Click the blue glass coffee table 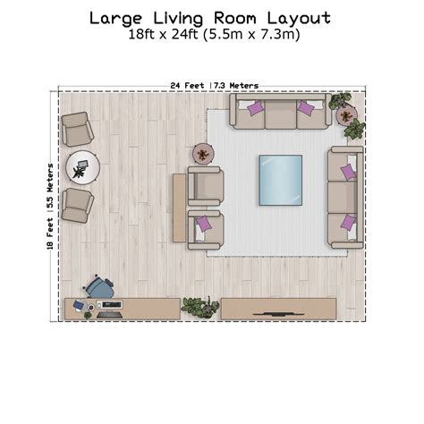(281, 180)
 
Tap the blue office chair (99, 287)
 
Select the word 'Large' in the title (116, 19)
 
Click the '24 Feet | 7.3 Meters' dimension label (215, 86)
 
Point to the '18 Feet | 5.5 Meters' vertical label (50, 207)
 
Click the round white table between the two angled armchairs (82, 167)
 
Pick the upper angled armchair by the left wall (77, 129)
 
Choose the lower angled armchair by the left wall (77, 206)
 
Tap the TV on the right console (278, 314)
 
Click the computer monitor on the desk (112, 304)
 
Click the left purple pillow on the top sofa (256, 107)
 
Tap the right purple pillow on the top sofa (306, 107)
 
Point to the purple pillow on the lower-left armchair (203, 223)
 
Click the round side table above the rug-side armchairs (203, 154)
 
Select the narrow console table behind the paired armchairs (179, 208)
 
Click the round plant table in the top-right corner (347, 115)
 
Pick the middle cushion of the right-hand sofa (343, 197)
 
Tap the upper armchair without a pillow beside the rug (206, 186)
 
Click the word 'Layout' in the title (299, 19)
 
